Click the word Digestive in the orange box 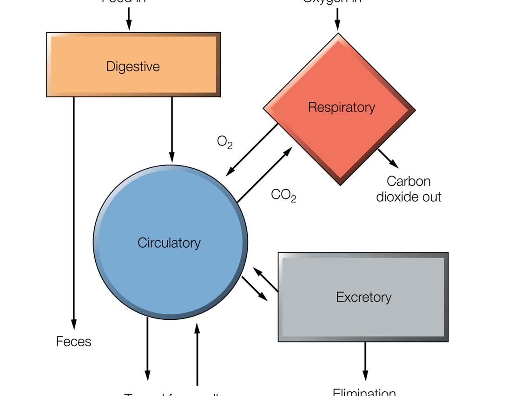pyautogui.click(x=133, y=66)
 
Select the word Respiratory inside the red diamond pyautogui.click(x=341, y=107)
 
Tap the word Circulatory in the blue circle pyautogui.click(x=169, y=243)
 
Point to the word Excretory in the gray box pyautogui.click(x=363, y=297)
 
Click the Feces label pyautogui.click(x=73, y=342)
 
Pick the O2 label pyautogui.click(x=224, y=141)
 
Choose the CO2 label pyautogui.click(x=283, y=195)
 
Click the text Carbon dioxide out pyautogui.click(x=408, y=189)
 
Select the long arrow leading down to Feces pyautogui.click(x=73, y=209)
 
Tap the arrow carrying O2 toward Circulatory pyautogui.click(x=252, y=150)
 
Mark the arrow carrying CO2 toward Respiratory pyautogui.click(x=265, y=175)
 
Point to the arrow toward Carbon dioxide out pyautogui.click(x=388, y=158)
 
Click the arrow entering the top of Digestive pyautogui.click(x=129, y=19)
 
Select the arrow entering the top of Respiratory pyautogui.click(x=338, y=19)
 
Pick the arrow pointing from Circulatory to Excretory pyautogui.click(x=255, y=289)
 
